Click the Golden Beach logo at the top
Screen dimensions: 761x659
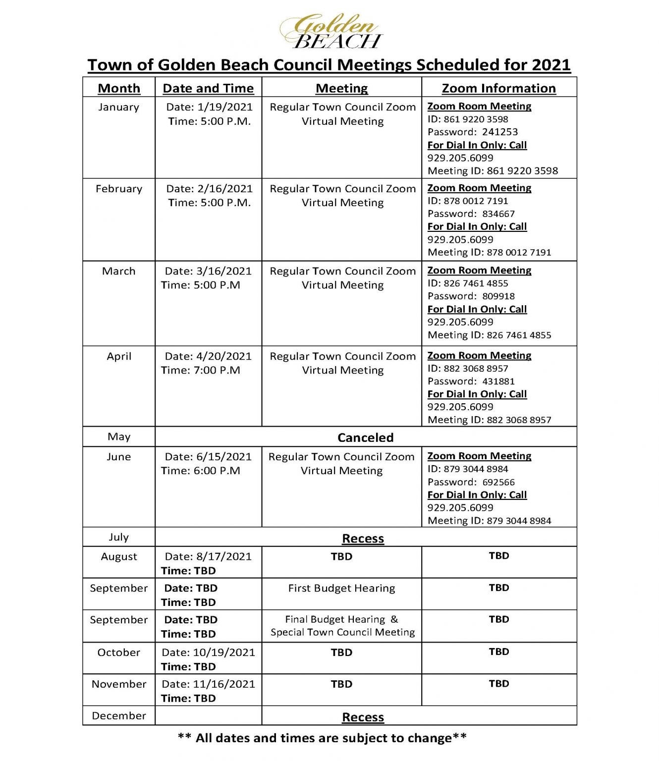pyautogui.click(x=331, y=31)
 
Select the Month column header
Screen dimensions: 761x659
pyautogui.click(x=119, y=88)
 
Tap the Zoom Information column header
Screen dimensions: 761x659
pyautogui.click(x=498, y=88)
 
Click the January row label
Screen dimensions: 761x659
pyautogui.click(x=119, y=107)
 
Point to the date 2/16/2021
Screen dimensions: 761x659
pyautogui.click(x=225, y=189)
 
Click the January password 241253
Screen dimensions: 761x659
pyautogui.click(x=500, y=132)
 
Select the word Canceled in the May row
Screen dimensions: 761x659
pyautogui.click(x=365, y=437)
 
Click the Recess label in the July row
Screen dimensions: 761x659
pyautogui.click(x=363, y=538)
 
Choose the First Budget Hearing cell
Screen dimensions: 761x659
pyautogui.click(x=341, y=588)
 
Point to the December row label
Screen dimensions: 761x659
pyautogui.click(x=119, y=715)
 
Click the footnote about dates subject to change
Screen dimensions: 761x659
pyautogui.click(x=322, y=738)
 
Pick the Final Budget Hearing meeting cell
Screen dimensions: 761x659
pyautogui.click(x=342, y=626)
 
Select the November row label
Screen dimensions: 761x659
pyautogui.click(x=119, y=684)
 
